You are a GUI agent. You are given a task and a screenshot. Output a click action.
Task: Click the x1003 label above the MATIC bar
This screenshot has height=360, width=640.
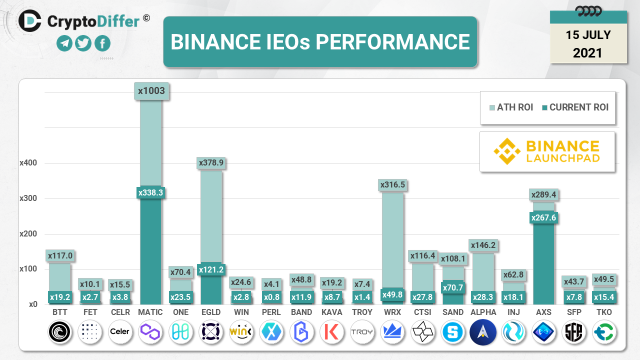[151, 91]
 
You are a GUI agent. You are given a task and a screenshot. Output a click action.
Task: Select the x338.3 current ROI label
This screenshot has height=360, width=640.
[150, 192]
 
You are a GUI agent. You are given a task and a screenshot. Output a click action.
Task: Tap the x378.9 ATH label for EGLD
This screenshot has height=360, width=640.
[211, 162]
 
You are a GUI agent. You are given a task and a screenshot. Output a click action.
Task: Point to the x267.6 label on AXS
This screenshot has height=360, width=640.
[544, 217]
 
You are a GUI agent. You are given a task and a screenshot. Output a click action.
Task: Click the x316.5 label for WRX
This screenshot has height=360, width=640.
[392, 184]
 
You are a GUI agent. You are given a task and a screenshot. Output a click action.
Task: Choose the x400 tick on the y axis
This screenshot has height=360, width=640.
[28, 163]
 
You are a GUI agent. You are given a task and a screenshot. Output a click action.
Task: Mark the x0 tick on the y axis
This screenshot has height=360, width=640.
[33, 304]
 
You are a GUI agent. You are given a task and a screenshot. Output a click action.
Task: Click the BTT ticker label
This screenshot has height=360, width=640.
[60, 312]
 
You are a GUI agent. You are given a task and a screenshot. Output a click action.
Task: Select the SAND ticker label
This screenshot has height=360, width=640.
[453, 312]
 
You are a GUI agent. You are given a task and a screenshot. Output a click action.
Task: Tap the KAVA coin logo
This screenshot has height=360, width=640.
[332, 331]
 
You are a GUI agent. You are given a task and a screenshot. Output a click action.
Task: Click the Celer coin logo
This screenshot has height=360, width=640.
[120, 331]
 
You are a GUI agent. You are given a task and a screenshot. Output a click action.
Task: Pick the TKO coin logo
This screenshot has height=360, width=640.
[604, 331]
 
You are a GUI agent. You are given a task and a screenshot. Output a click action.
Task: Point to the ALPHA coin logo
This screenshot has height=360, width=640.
[483, 331]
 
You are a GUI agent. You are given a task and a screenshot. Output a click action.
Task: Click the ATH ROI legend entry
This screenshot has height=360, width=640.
[510, 107]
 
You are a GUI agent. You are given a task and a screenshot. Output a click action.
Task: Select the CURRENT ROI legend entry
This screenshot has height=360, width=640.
[574, 107]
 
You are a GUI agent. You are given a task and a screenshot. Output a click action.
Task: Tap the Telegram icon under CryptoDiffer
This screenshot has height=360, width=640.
[64, 44]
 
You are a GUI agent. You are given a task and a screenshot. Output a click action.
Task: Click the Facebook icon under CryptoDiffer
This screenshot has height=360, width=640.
[102, 44]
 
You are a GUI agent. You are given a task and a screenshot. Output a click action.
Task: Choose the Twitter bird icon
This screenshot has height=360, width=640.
[83, 44]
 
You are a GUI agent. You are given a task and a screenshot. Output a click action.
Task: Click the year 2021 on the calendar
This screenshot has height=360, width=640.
[588, 53]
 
